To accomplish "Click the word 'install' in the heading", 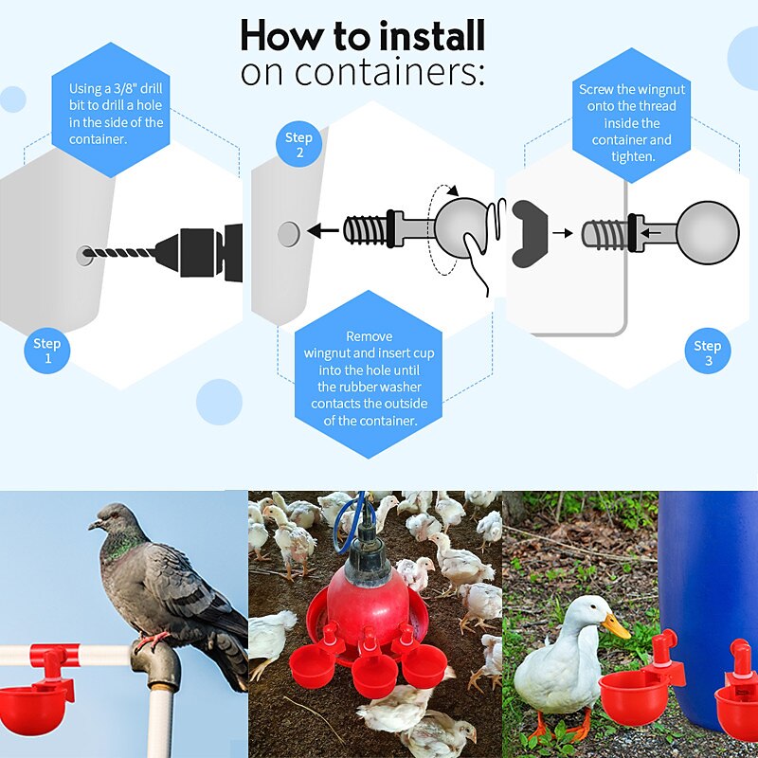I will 432,36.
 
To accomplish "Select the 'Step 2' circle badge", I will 298,145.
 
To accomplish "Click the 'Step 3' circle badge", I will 707,353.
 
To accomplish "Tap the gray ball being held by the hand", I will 461,226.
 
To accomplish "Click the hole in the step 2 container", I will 288,231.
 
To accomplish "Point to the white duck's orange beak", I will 617,626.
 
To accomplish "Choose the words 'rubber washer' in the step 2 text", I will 372,387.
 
